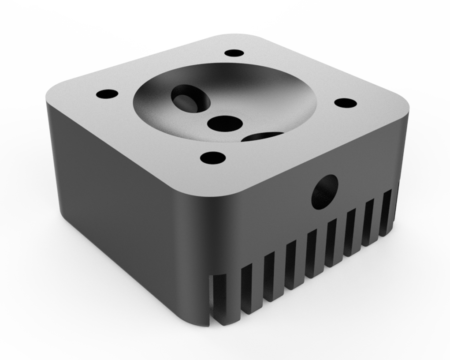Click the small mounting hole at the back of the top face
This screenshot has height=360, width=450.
coord(234,53)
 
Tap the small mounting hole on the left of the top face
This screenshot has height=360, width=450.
coord(107,94)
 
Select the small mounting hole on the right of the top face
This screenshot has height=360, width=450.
coord(345,103)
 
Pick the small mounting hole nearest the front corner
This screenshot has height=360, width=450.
coord(213,157)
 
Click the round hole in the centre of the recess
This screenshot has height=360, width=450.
coord(225,123)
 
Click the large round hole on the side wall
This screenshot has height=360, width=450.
coord(325,191)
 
